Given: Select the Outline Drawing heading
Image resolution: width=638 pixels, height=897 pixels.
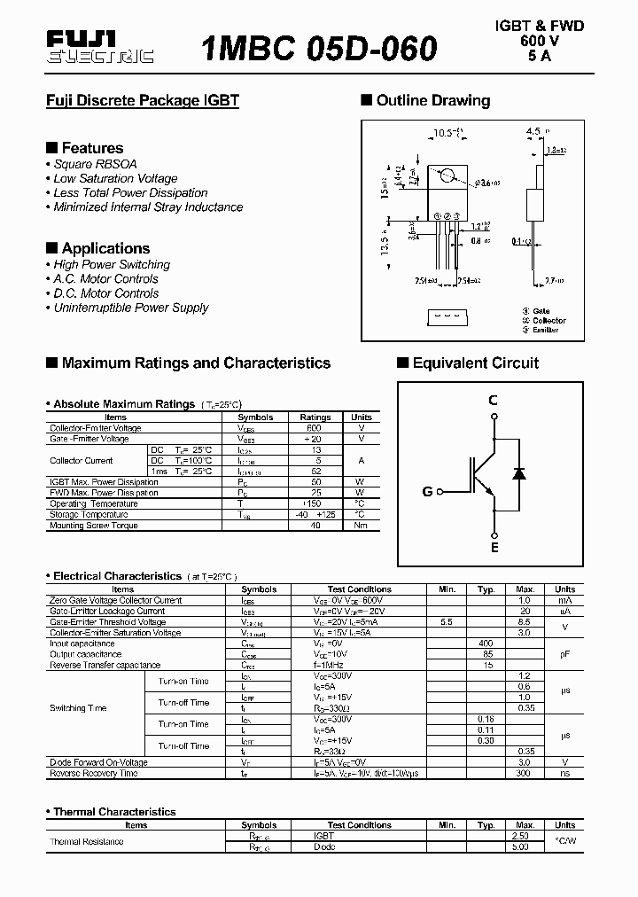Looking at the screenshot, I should [433, 101].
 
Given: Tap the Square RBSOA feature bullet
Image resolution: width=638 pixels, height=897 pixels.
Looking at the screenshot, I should [95, 164].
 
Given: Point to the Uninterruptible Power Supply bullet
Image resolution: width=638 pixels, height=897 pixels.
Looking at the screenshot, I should [130, 308].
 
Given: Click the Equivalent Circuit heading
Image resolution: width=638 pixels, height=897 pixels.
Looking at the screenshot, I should [475, 363].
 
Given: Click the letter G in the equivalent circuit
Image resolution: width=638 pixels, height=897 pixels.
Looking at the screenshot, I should [427, 491].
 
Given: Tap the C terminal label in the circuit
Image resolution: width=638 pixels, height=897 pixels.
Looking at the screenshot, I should [494, 400].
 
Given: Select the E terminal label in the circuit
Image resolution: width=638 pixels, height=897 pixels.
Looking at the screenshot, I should [494, 548].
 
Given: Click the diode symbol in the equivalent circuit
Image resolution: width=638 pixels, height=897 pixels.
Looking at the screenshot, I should [519, 474].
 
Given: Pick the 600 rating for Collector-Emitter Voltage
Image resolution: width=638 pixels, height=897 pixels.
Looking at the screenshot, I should [315, 428].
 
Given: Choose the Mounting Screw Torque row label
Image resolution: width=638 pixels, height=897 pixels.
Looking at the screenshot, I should [94, 526].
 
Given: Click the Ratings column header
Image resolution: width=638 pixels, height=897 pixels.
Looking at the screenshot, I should [315, 417].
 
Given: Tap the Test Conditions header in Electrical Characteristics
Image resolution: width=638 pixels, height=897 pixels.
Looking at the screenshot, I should [359, 589].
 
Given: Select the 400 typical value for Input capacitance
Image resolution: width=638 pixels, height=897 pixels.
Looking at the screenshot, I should [486, 643].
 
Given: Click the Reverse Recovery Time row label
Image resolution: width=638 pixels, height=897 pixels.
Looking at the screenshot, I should [94, 773].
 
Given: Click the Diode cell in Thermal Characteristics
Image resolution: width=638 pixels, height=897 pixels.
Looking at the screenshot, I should [324, 846].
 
